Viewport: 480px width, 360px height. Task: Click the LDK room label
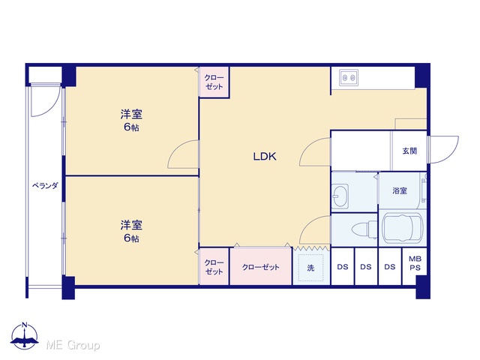(x=265, y=157)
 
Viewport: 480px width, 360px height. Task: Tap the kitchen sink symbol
(x=349, y=76)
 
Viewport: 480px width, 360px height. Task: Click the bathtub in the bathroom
(x=402, y=227)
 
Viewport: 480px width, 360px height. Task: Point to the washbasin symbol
(x=340, y=196)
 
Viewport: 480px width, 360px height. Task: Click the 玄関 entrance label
(x=409, y=151)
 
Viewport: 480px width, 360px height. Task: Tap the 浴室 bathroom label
(x=400, y=190)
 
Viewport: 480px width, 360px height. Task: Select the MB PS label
(x=415, y=263)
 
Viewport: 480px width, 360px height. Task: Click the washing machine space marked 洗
(x=311, y=268)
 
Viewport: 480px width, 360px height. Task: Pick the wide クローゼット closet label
(x=261, y=267)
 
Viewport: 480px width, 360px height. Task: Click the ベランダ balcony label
(x=45, y=185)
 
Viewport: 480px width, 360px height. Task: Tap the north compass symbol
(x=25, y=336)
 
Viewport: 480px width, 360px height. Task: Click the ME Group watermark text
(x=73, y=345)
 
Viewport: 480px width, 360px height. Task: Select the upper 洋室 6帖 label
(x=131, y=120)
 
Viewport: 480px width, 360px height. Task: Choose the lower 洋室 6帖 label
(x=131, y=231)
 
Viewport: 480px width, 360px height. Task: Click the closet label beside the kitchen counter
(x=214, y=82)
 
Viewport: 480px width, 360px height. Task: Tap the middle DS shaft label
(x=366, y=267)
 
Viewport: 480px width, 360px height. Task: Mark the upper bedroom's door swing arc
(x=175, y=148)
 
